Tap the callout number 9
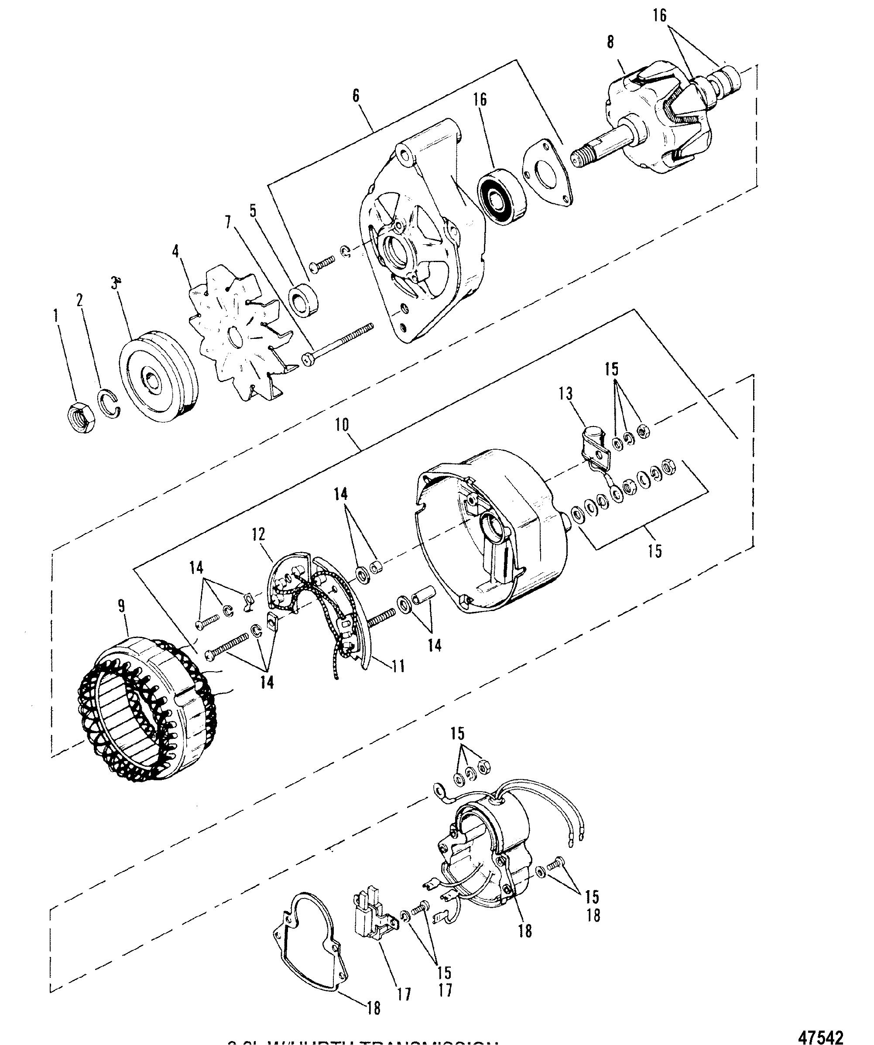(121, 607)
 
